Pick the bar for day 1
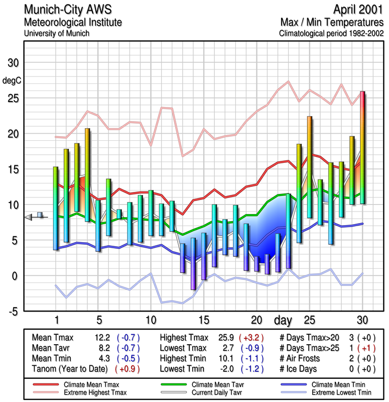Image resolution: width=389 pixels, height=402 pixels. pos(56,208)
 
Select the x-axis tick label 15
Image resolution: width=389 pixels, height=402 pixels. pos(203,320)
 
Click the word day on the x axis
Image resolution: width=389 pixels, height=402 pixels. pos(285,320)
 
